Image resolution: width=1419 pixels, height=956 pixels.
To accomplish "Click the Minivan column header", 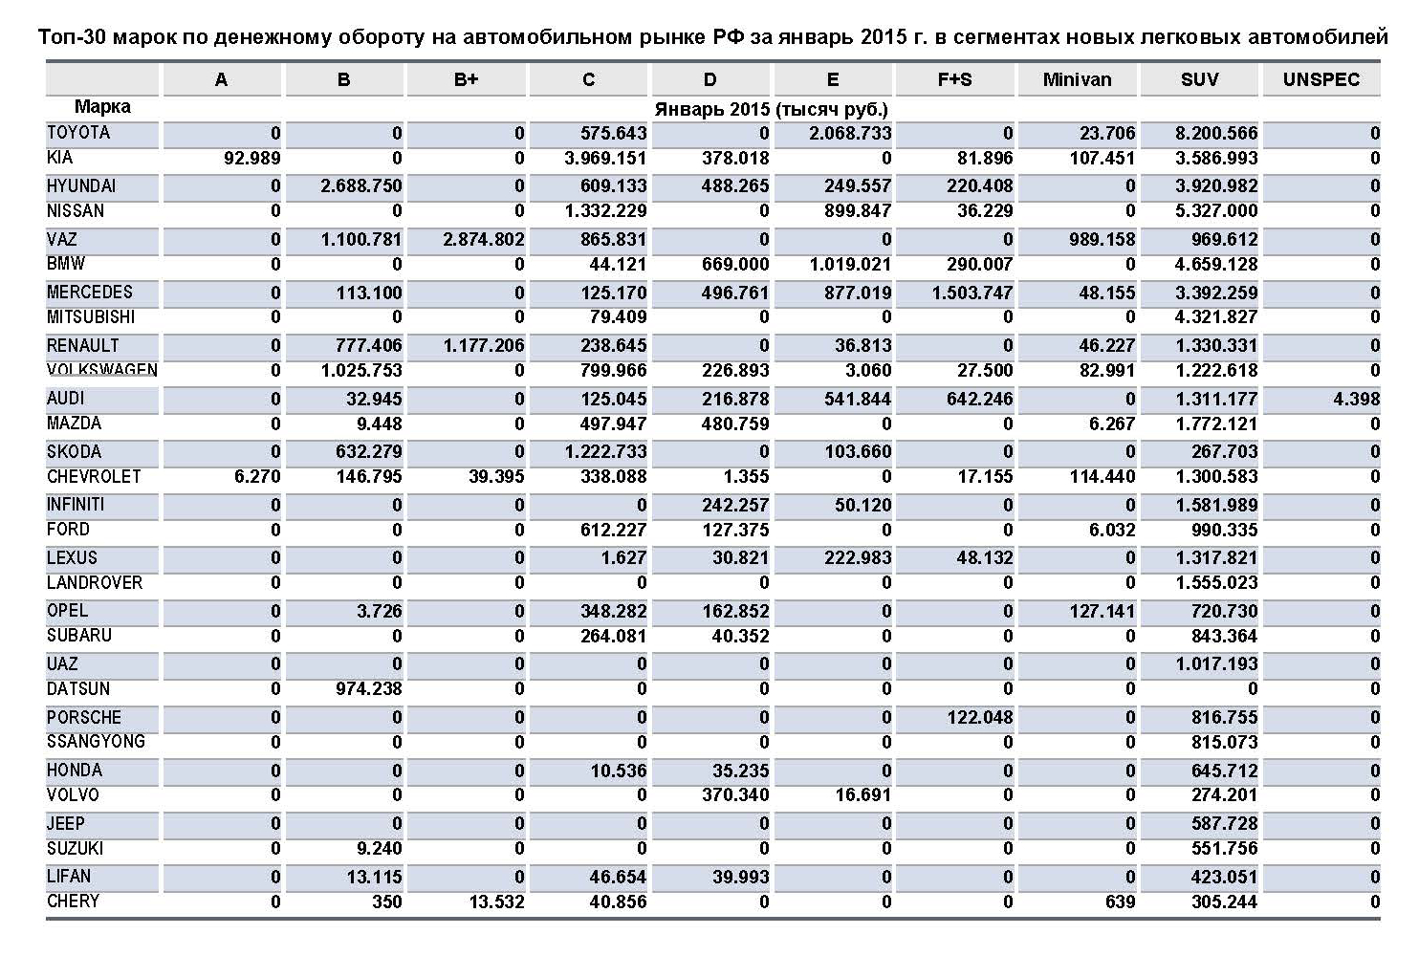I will [1077, 80].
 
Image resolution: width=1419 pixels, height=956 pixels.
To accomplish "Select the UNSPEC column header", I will [1321, 80].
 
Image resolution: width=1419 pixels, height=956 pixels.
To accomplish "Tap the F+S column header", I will [954, 80].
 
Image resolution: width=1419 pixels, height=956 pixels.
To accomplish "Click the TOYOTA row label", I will [78, 133].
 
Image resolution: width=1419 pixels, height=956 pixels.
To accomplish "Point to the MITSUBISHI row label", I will [91, 317].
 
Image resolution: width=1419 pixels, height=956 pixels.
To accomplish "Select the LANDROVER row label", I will [95, 583].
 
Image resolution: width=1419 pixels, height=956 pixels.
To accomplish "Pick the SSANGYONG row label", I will [96, 742].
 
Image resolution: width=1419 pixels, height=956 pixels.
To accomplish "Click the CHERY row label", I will [73, 902].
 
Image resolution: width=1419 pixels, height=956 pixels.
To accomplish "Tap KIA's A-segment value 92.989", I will [251, 159].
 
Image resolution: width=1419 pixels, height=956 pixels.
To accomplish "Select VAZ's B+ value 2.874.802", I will [483, 240].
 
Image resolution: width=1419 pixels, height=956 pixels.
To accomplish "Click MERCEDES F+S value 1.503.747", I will [971, 293].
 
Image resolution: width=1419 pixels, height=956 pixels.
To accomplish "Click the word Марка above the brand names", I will [102, 108].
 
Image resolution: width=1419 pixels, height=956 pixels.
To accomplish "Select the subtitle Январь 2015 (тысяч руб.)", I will [771, 109].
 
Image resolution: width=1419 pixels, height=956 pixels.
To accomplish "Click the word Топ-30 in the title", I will [72, 37].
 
